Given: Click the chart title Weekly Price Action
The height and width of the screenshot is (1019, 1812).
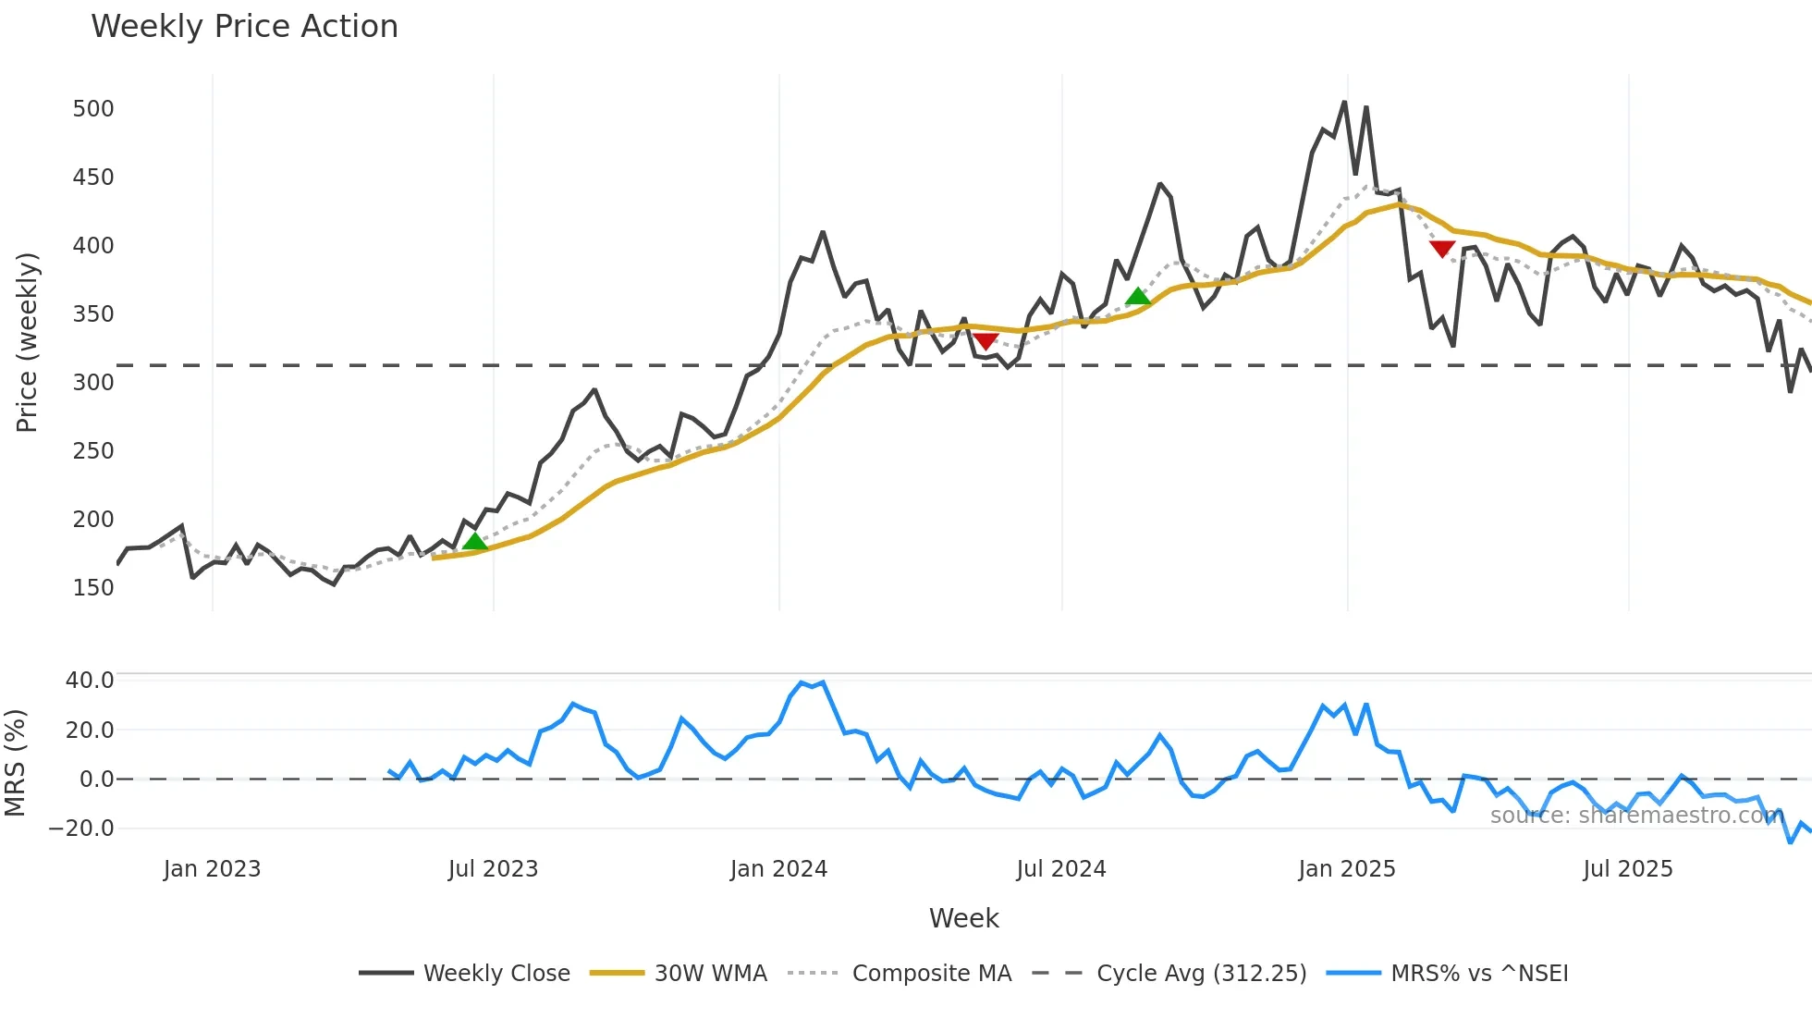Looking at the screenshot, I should coord(244,27).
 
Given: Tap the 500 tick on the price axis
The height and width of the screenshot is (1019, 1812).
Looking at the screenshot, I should coord(93,109).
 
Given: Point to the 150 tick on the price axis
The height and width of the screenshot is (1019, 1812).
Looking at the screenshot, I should coord(93,588).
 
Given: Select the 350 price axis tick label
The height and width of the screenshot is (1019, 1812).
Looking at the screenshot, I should coord(93,314).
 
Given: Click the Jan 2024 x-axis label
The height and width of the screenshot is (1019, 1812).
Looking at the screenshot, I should coord(778,869).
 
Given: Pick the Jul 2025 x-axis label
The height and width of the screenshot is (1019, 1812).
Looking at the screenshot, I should coord(1627,869).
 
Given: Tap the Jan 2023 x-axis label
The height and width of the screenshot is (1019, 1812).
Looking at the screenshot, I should coord(212,869).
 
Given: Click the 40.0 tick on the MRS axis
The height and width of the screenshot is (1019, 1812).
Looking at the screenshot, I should coord(90,681).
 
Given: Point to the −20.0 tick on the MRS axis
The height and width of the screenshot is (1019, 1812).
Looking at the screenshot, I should coord(81,829).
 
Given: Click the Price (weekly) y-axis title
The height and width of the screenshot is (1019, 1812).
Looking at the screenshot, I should coord(27,342).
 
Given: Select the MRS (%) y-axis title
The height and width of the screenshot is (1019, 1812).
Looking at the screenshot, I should coord(15,763).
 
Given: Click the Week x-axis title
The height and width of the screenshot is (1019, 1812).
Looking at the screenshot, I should coord(963,918).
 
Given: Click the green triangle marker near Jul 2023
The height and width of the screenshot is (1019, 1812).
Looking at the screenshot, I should coord(474,542).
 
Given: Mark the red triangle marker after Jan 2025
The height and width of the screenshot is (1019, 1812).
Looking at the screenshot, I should coord(1442,249).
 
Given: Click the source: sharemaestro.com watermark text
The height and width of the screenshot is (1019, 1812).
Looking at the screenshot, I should coord(1636,816).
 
